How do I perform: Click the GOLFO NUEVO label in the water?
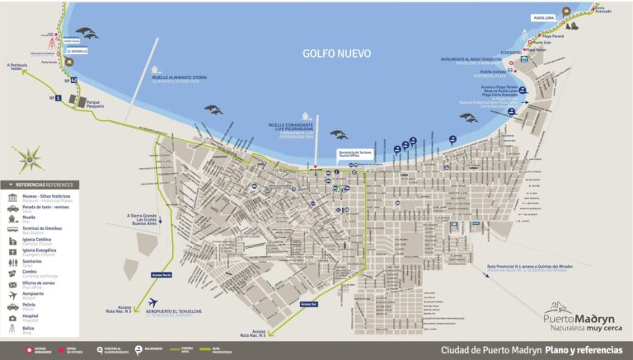[336, 54]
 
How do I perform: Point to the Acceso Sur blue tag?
[308, 303]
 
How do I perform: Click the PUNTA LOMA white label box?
[543, 17]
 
